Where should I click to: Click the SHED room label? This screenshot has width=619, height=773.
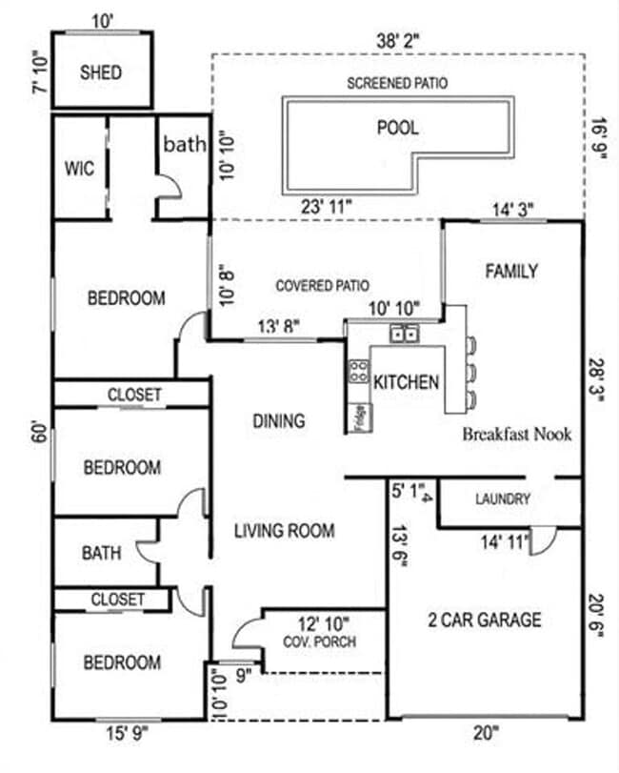pos(100,72)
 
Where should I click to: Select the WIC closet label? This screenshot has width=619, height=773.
pos(78,169)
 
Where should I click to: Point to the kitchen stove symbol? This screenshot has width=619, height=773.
pos(359,371)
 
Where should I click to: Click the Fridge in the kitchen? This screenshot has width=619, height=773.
pos(359,417)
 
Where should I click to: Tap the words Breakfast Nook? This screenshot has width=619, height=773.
pos(517,434)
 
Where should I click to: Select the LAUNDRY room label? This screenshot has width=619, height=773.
pos(502,498)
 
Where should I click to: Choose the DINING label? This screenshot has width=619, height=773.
pos(279,420)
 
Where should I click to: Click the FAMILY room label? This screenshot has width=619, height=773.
pos(511,272)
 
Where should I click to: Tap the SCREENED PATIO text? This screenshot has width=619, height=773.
pos(397,84)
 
